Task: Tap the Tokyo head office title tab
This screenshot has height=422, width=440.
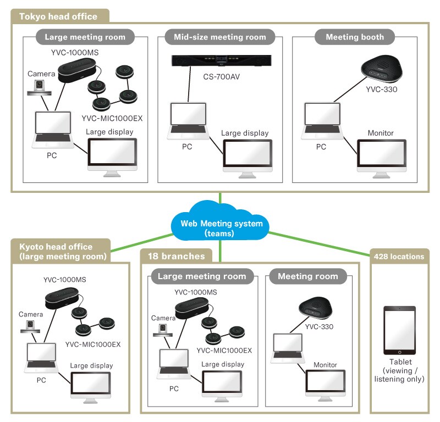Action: (x=58, y=16)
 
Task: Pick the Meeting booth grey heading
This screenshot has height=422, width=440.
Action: (x=355, y=37)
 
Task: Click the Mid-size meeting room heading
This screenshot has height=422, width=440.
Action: (x=219, y=37)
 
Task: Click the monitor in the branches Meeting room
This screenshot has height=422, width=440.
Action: (x=325, y=387)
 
